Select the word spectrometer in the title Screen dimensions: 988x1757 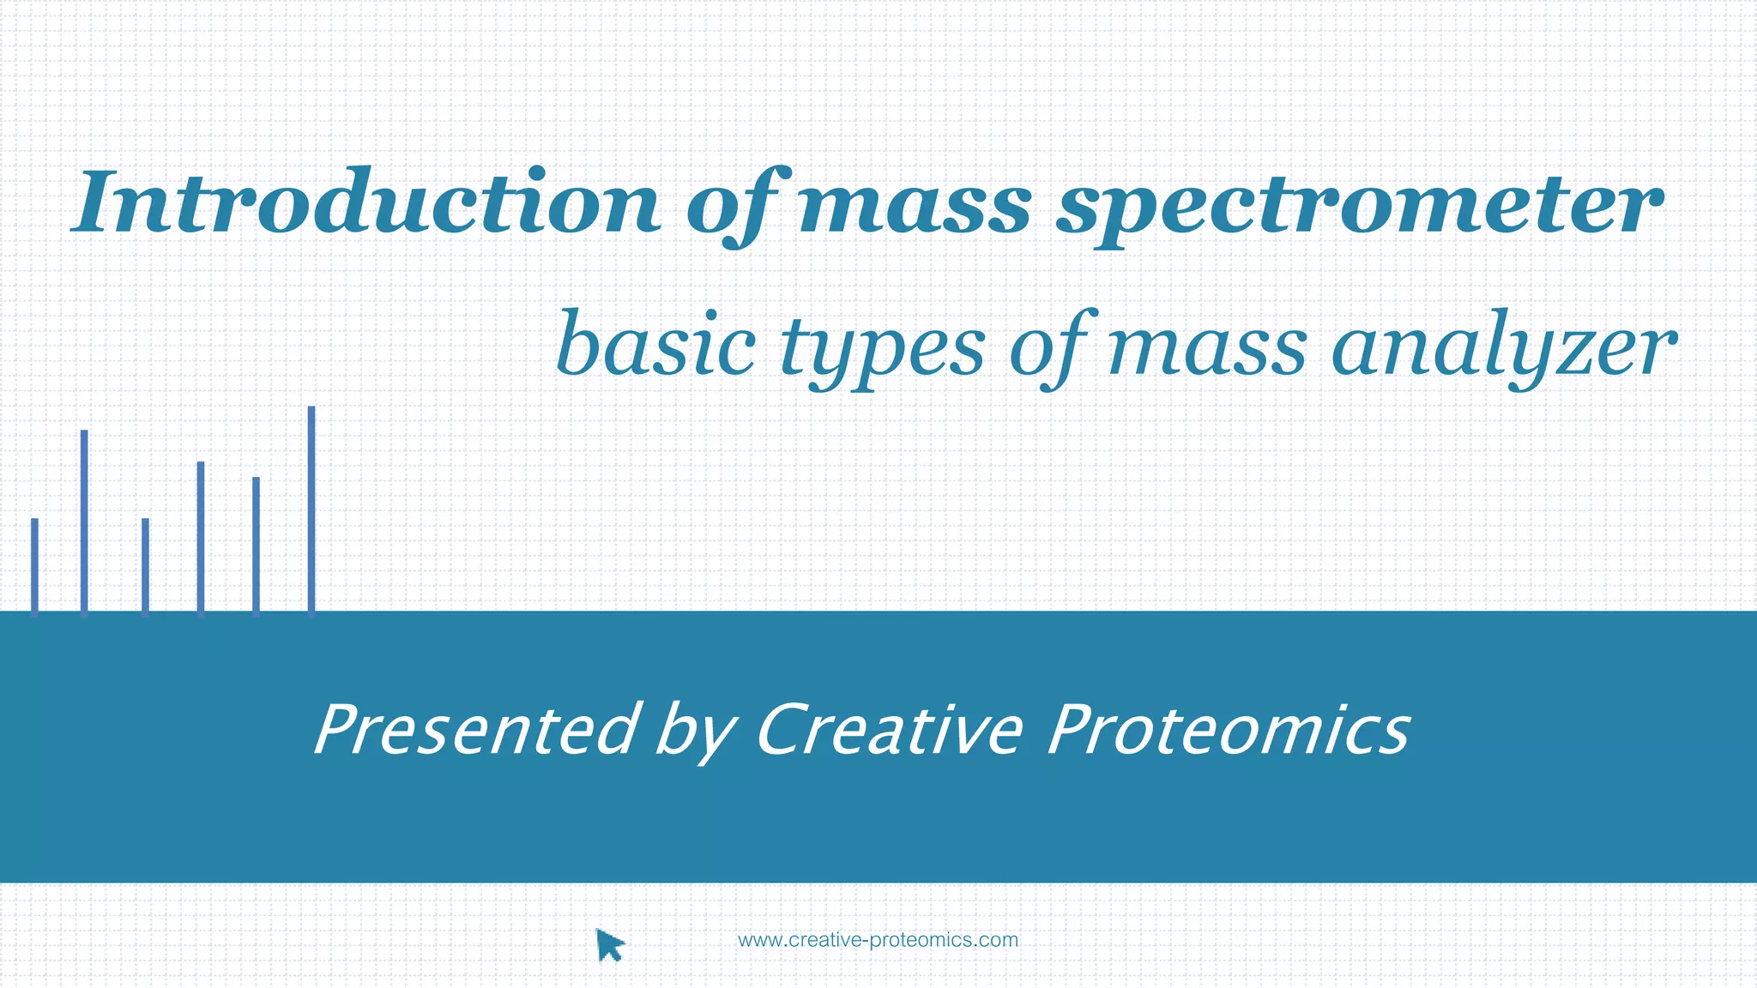pyautogui.click(x=1359, y=206)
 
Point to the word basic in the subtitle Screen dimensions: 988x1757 pyautogui.click(x=656, y=346)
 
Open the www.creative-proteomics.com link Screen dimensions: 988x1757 pyautogui.click(x=878, y=940)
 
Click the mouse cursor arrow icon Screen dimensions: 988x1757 pyautogui.click(x=609, y=945)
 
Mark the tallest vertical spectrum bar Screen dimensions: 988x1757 pyautogui.click(x=311, y=511)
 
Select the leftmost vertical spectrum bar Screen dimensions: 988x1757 pyautogui.click(x=34, y=567)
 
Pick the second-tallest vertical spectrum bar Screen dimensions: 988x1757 pyautogui.click(x=84, y=523)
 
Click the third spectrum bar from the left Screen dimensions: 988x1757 pyautogui.click(x=145, y=567)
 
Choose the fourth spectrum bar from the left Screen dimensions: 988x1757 pyautogui.click(x=201, y=539)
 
